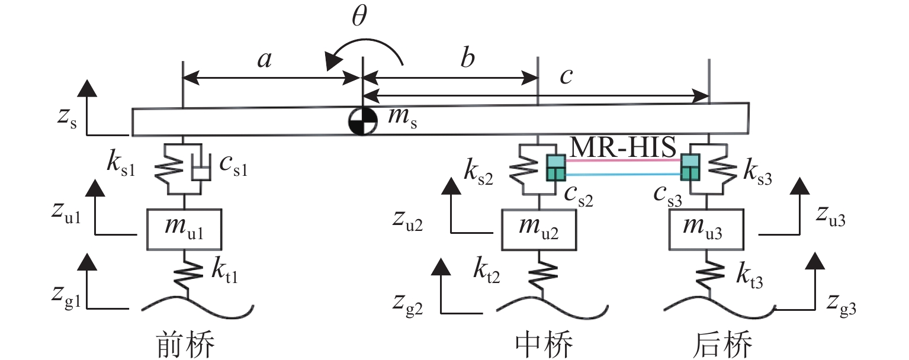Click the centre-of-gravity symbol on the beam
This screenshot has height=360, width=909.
[x=361, y=122]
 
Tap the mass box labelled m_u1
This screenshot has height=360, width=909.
[x=184, y=229]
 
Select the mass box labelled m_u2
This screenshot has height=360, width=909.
[x=539, y=229]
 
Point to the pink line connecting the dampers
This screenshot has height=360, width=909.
[x=623, y=160]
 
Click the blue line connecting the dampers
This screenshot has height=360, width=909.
[x=623, y=174]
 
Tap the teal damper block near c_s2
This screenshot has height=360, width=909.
[x=555, y=167]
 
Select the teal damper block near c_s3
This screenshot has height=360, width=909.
[x=690, y=167]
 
